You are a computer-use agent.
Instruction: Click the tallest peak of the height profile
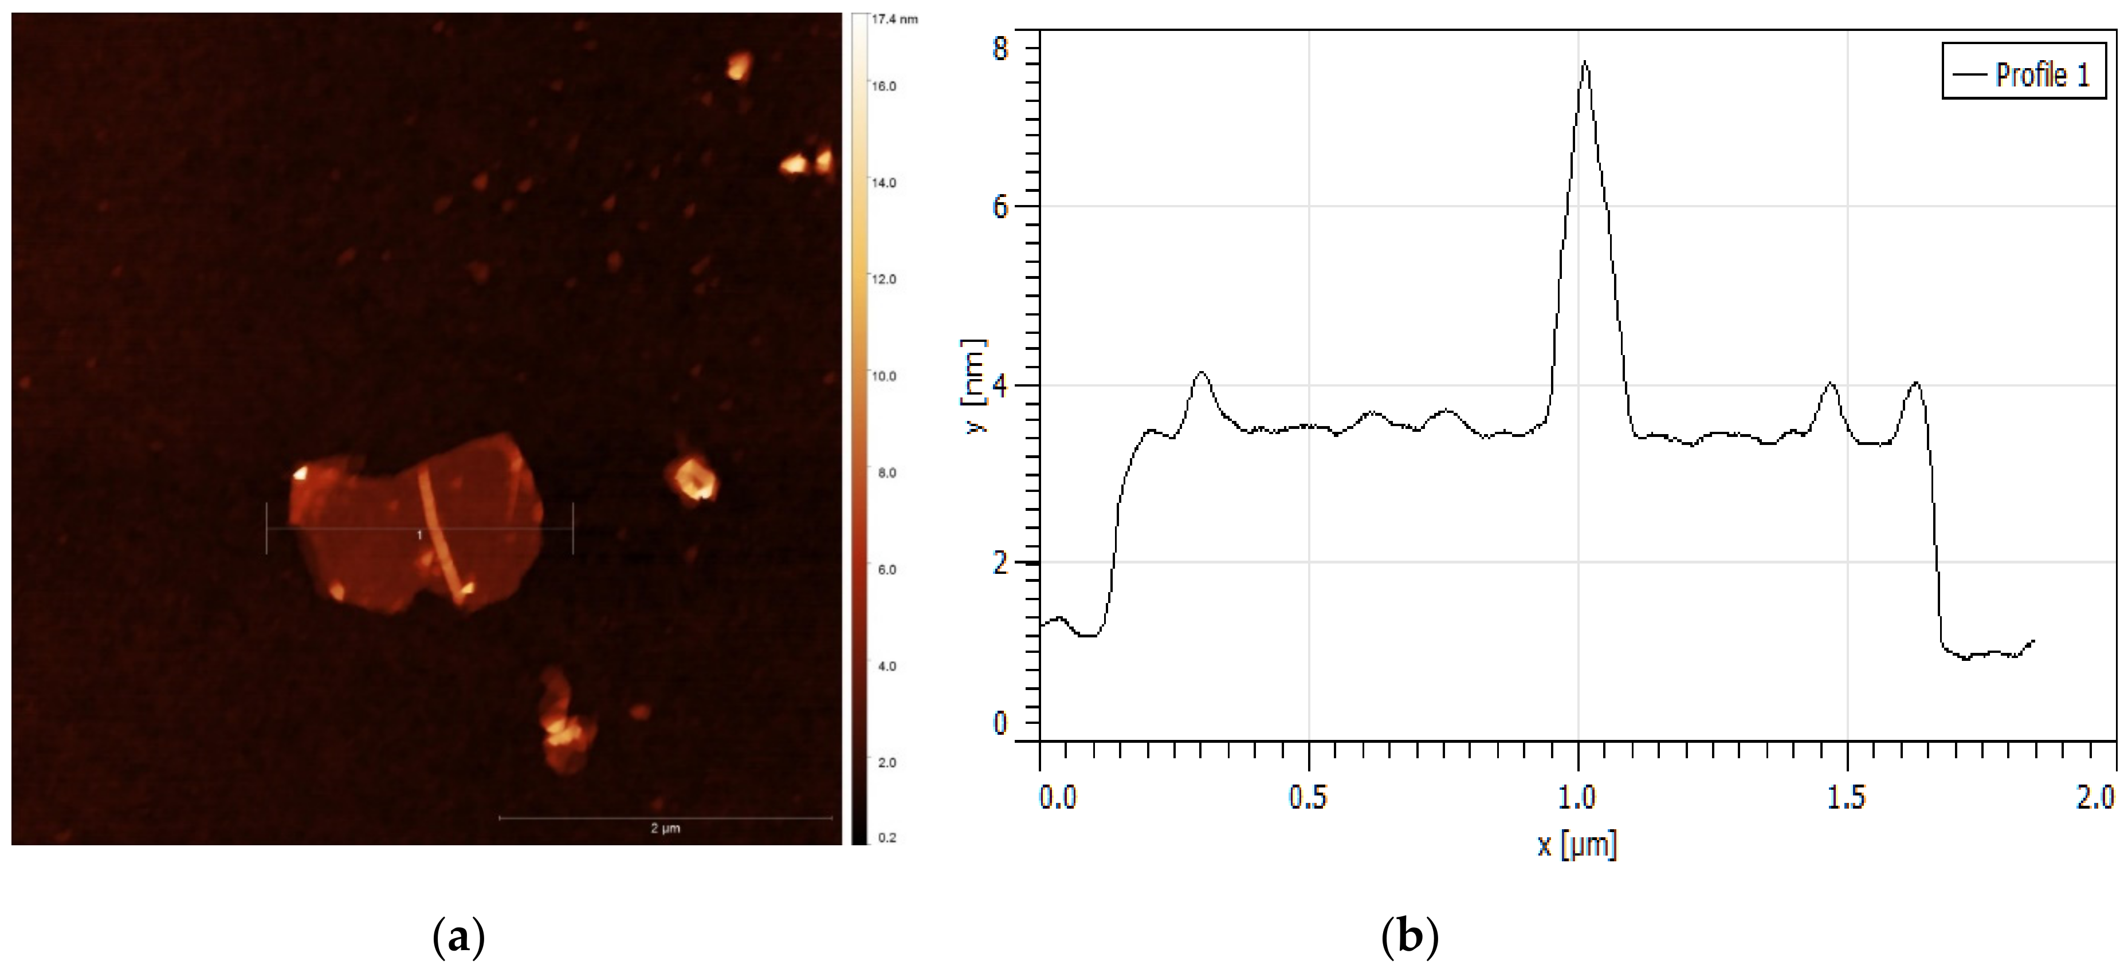pos(1584,63)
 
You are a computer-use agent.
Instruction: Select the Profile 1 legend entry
pos(2023,75)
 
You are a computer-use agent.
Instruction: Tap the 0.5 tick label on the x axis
pos(1308,797)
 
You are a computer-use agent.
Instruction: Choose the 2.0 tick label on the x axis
pos(2095,797)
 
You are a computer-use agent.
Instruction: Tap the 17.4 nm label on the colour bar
pos(894,19)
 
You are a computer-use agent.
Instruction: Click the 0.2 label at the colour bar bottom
pos(886,837)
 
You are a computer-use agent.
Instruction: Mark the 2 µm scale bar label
pos(665,828)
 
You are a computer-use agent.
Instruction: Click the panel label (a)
pos(458,938)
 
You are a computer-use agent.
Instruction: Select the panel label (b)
pos(1409,938)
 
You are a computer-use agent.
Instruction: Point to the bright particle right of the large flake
pos(692,479)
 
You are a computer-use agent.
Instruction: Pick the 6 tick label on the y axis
pos(1000,207)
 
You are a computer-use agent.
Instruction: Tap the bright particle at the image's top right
pos(738,66)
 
